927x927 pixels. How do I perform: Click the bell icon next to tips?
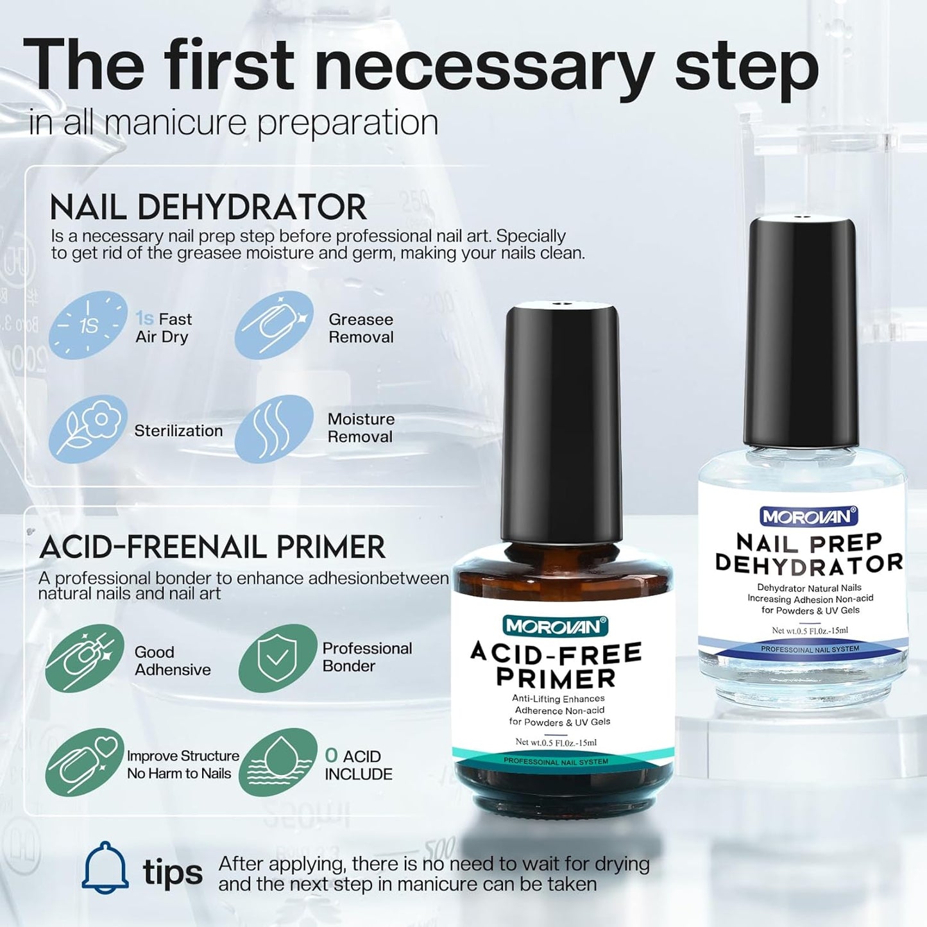click(x=105, y=867)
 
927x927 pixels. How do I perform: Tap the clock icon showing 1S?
click(x=89, y=326)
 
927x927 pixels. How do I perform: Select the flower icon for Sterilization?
click(x=89, y=429)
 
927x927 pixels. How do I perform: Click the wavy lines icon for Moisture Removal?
click(x=274, y=429)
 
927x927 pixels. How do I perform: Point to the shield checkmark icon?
click(x=277, y=658)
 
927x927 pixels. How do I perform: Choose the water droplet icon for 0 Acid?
click(x=277, y=762)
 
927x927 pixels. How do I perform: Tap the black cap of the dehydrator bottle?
click(x=801, y=334)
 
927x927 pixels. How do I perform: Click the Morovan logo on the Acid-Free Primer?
click(x=556, y=627)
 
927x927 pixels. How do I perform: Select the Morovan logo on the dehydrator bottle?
click(x=809, y=516)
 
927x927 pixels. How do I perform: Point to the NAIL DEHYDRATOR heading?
click(x=208, y=208)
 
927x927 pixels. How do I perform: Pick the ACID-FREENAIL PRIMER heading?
click(x=212, y=547)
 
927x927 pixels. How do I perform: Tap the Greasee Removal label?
click(x=361, y=328)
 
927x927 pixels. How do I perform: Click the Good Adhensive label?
click(x=172, y=661)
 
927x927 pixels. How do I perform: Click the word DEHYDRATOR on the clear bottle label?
click(x=809, y=564)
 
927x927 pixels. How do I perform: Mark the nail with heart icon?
click(x=85, y=762)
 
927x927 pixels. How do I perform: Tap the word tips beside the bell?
click(x=172, y=872)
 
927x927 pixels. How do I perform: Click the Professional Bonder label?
click(x=366, y=657)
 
